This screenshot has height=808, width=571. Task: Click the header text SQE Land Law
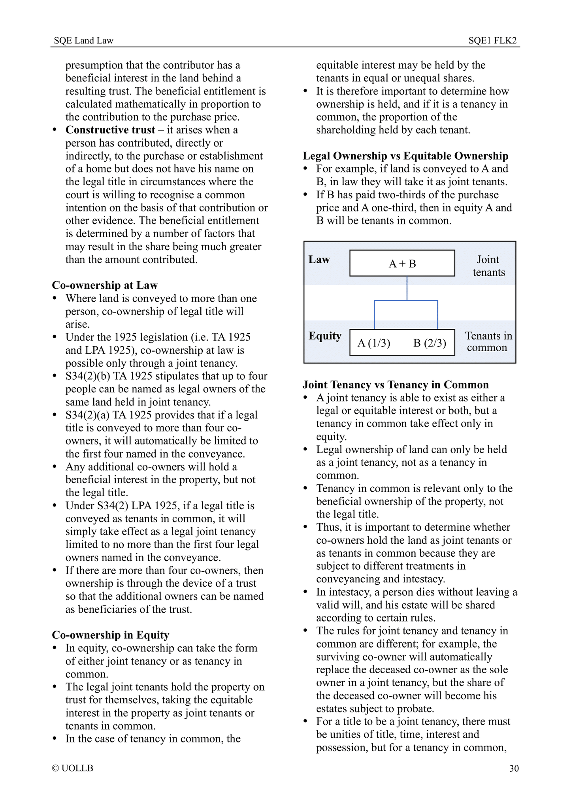click(83, 40)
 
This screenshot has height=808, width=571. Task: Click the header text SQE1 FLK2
click(492, 40)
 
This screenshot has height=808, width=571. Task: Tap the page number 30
click(514, 768)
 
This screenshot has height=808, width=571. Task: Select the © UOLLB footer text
click(73, 768)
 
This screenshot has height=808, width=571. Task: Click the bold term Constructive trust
click(110, 130)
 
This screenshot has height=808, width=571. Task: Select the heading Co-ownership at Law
click(105, 285)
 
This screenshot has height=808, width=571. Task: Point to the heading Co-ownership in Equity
click(111, 635)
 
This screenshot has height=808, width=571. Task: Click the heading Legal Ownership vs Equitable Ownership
click(405, 156)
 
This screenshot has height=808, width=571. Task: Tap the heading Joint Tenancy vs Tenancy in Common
click(396, 385)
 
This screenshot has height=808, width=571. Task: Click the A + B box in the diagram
click(402, 264)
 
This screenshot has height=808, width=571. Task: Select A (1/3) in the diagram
click(374, 343)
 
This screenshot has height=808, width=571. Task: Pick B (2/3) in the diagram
click(430, 343)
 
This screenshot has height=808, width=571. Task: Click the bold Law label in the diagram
click(319, 260)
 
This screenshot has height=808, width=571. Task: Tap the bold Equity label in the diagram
click(325, 336)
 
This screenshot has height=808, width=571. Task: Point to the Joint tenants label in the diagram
click(488, 266)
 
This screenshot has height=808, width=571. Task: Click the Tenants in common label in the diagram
click(488, 342)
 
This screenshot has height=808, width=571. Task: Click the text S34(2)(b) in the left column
click(88, 376)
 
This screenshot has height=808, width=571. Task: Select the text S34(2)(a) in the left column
click(88, 415)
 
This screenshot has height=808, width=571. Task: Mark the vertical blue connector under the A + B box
click(407, 288)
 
